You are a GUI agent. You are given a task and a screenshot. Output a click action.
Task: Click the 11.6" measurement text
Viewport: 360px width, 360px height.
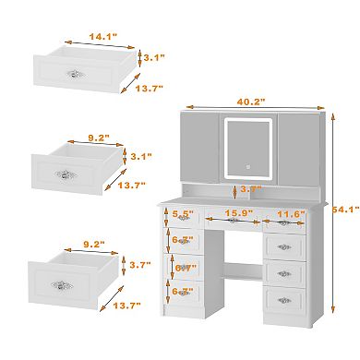point(290,213)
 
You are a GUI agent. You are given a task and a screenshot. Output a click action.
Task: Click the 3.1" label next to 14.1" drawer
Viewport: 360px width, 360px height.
point(151,57)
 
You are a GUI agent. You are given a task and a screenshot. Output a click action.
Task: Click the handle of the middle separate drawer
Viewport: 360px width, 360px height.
point(66,174)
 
